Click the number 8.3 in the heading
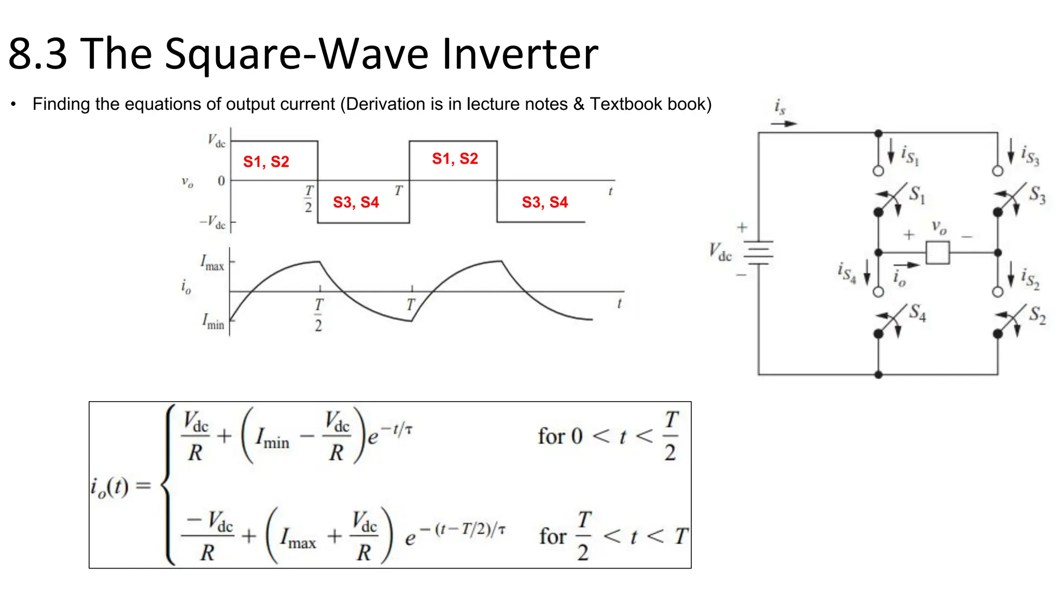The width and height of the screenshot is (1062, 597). (38, 54)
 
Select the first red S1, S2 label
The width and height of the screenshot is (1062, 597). (266, 162)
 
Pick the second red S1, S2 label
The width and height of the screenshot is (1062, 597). (455, 159)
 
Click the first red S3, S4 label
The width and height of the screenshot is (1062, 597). (356, 202)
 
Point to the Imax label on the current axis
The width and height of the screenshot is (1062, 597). (212, 263)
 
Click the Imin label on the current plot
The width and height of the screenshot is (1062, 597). (213, 322)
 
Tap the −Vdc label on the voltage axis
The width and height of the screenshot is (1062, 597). (213, 222)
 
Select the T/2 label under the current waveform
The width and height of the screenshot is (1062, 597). (318, 315)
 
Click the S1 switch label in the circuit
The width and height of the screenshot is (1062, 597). (917, 194)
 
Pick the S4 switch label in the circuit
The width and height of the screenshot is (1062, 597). (917, 312)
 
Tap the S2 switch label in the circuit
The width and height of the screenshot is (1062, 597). (1037, 314)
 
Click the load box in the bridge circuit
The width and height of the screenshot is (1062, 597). (938, 253)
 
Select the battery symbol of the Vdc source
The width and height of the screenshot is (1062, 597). (758, 253)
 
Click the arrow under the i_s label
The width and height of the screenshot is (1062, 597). (784, 124)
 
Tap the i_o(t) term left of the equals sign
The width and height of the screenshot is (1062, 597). (109, 487)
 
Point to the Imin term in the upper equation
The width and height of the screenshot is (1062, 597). (272, 437)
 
